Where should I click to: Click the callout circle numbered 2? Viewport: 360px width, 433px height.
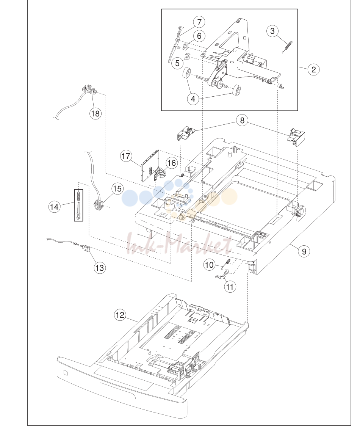(x=314, y=69)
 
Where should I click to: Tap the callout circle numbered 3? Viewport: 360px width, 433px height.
(x=272, y=31)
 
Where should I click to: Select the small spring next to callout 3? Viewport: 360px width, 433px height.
(x=287, y=47)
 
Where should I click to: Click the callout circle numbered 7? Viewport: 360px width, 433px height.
(x=199, y=22)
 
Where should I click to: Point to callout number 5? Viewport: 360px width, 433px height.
(x=177, y=63)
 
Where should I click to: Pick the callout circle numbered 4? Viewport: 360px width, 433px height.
(x=193, y=99)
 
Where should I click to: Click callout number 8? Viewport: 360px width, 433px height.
(x=242, y=120)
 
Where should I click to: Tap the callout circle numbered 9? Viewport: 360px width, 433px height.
(x=304, y=251)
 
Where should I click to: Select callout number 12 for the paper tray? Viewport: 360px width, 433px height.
(x=120, y=315)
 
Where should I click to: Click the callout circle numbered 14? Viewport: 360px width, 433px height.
(x=55, y=207)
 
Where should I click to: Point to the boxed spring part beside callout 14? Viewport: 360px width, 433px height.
(x=78, y=205)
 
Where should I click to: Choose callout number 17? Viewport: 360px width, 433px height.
(x=126, y=156)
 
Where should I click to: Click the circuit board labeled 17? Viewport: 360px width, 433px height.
(x=150, y=166)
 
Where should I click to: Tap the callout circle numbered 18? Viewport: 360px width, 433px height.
(x=95, y=113)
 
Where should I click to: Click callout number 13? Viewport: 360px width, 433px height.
(x=99, y=268)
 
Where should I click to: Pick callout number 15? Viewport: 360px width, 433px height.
(x=117, y=189)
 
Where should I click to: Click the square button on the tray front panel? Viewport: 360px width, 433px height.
(x=66, y=373)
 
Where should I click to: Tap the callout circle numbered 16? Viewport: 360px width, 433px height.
(x=171, y=163)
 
